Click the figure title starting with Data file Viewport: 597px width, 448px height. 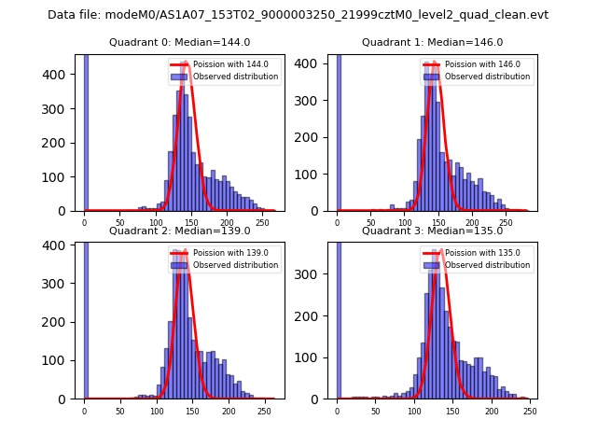298,15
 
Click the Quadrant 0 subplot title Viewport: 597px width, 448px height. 179,42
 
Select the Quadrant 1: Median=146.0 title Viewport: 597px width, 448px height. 432,42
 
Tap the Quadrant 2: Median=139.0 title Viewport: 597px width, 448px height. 179,231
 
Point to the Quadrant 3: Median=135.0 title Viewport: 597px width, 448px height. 432,231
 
